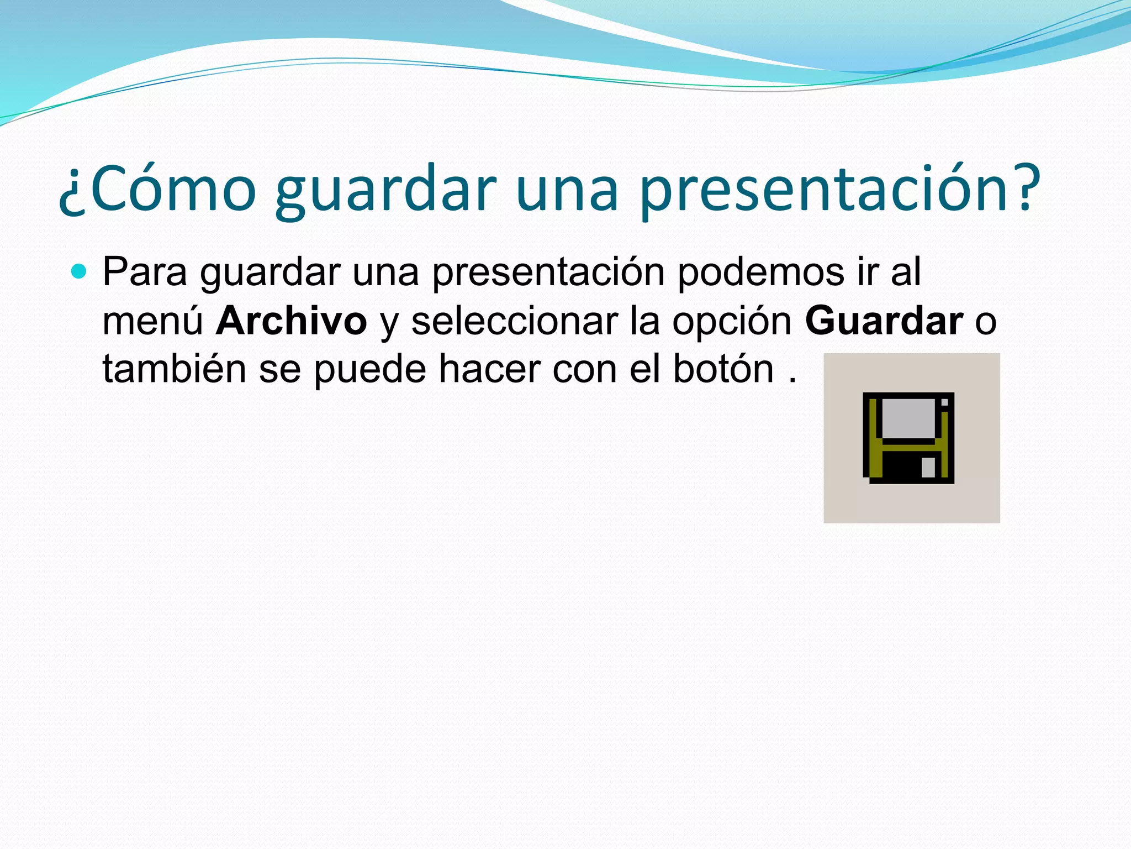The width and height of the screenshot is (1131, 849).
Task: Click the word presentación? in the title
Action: click(x=839, y=189)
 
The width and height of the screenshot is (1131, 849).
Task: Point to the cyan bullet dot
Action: click(x=80, y=271)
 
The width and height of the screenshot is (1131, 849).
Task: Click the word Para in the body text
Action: click(x=145, y=272)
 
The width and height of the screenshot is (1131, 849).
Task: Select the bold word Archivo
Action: click(x=291, y=321)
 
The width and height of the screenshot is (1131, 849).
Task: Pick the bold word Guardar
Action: click(x=884, y=321)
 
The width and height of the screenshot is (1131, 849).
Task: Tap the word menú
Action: click(x=153, y=321)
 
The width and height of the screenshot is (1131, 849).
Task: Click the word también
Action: click(x=174, y=369)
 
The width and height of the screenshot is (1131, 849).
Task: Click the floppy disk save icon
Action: click(x=908, y=438)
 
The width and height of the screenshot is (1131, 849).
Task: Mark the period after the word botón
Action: click(x=793, y=381)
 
